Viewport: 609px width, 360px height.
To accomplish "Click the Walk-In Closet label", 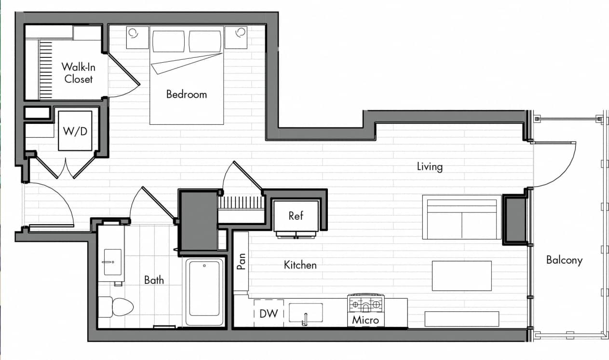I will click(77, 73).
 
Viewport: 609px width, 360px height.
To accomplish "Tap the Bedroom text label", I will click(186, 94).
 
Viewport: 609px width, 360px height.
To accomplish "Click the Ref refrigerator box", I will click(296, 216).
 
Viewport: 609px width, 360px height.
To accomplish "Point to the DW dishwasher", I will click(269, 314).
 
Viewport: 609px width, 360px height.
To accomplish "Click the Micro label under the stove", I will click(365, 320).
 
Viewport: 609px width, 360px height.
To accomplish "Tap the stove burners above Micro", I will click(365, 304).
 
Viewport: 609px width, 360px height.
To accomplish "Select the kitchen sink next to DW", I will click(305, 313).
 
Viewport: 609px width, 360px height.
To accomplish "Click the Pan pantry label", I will click(241, 261).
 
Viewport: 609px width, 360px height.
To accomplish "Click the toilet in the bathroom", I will click(115, 307).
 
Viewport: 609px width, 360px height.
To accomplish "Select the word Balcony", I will click(564, 260).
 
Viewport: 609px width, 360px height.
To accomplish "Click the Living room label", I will click(429, 167).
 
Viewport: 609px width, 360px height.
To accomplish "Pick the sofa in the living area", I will click(461, 217).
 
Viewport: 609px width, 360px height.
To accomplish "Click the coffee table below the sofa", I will click(461, 276).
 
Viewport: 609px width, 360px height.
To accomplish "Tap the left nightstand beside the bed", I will click(137, 38).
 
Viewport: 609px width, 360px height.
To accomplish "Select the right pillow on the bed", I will click(205, 41).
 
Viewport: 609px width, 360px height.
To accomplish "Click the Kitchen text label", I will click(300, 265).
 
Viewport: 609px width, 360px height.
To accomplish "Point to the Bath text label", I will click(154, 280).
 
